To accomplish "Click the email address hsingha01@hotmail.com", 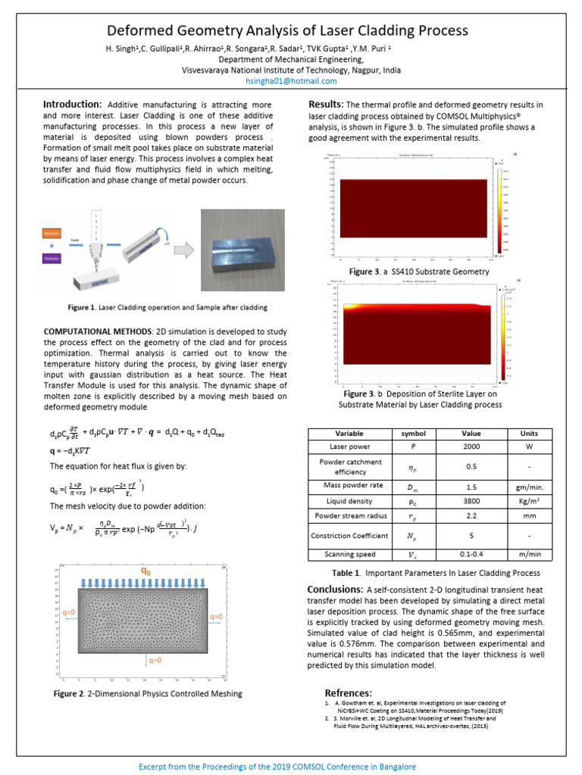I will pyautogui.click(x=291, y=81).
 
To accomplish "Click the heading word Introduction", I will pyautogui.click(x=72, y=104).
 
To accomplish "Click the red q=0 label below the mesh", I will pyautogui.click(x=155, y=660).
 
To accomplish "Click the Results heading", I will pyautogui.click(x=326, y=104).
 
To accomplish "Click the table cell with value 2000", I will pyautogui.click(x=471, y=447).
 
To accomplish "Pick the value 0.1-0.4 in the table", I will pyautogui.click(x=471, y=554).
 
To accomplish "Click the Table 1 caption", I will pyautogui.click(x=436, y=573).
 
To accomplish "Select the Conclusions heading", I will pyautogui.click(x=334, y=589).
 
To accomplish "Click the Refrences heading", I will pyautogui.click(x=348, y=693).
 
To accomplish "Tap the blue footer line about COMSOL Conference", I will pyautogui.click(x=291, y=765).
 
